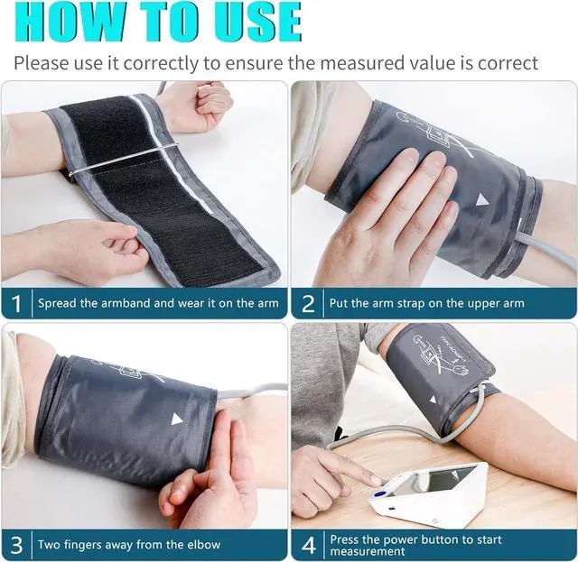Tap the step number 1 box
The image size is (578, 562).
pyautogui.click(x=15, y=303)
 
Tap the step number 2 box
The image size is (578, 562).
pyautogui.click(x=308, y=303)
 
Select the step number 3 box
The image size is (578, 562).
pyautogui.click(x=15, y=544)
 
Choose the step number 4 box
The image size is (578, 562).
pyautogui.click(x=308, y=544)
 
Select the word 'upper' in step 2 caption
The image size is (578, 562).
pyautogui.click(x=471, y=303)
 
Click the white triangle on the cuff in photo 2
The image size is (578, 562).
pyautogui.click(x=483, y=199)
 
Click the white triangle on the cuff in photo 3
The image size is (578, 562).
pyautogui.click(x=177, y=419)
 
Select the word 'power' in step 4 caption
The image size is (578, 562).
pyautogui.click(x=407, y=539)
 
